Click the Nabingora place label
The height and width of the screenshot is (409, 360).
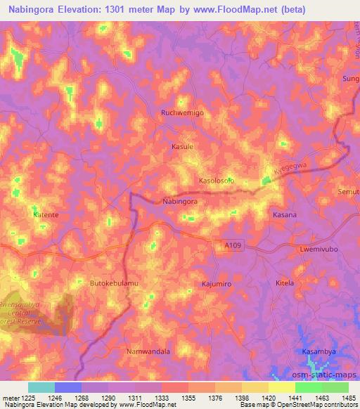pos(179,201)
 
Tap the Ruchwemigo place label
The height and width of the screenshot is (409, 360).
pos(182,112)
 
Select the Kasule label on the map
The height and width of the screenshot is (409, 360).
pos(182,147)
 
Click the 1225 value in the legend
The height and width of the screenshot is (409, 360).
pos(20,397)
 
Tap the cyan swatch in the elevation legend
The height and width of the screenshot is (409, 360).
pos(41,387)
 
